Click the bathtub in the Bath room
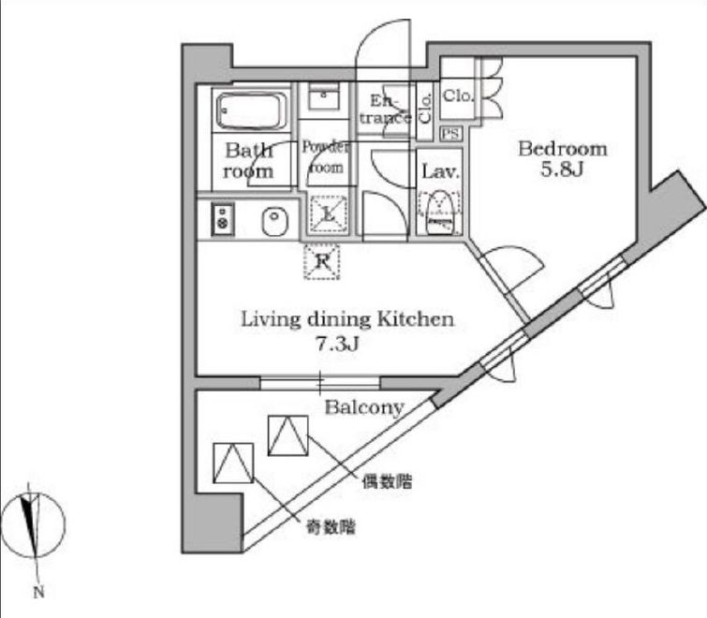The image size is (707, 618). click(250, 112)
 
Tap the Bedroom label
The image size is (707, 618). click(563, 149)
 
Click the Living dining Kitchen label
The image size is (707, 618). click(347, 319)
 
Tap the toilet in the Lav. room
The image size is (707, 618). click(438, 213)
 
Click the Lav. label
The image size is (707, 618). click(438, 172)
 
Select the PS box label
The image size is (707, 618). click(450, 134)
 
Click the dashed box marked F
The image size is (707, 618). click(322, 261)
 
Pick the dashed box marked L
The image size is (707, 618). click(326, 214)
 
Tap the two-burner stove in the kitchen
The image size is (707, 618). click(222, 220)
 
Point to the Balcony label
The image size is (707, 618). click(364, 407)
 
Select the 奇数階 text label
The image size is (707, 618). click(330, 527)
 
